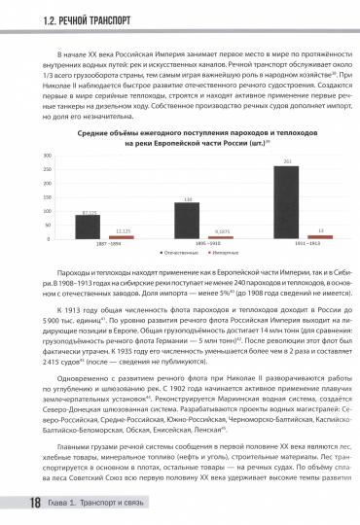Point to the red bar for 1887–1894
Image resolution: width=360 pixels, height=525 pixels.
(121, 236)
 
